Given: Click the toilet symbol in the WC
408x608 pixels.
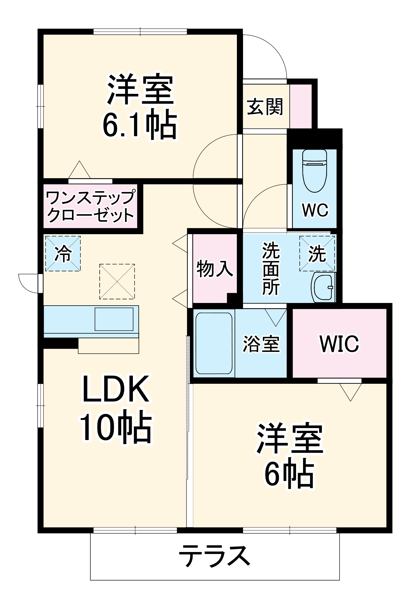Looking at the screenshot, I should (x=314, y=171).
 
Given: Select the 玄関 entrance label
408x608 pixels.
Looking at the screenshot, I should (x=265, y=107).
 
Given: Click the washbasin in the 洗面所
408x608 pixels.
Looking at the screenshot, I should (x=323, y=288).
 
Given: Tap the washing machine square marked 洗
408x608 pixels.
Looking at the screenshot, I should (x=317, y=254).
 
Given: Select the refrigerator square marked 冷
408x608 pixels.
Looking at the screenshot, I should (x=63, y=253).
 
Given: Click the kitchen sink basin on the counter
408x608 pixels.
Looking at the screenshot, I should (x=114, y=319).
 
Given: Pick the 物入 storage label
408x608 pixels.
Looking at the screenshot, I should (x=215, y=269).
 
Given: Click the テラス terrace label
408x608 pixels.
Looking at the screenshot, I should (x=214, y=556).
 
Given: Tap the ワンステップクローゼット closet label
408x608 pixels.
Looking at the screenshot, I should (x=91, y=206).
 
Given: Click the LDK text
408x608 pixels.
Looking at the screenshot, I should (x=116, y=389).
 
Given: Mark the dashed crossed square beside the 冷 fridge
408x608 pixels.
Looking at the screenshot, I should (x=117, y=281).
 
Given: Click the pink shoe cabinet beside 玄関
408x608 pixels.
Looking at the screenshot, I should (x=300, y=106).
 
